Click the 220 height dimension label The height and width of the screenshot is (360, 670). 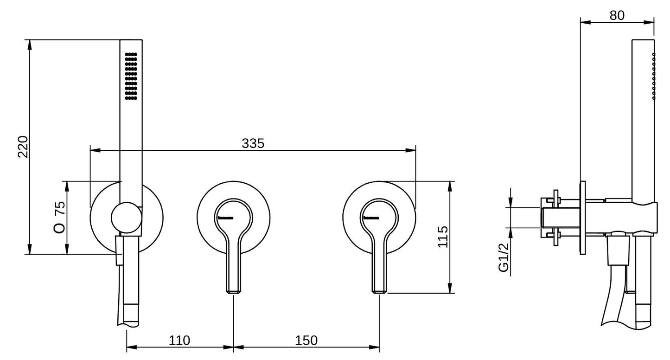(23, 147)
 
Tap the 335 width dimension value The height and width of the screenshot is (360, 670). (253, 143)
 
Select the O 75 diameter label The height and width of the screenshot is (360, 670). (59, 217)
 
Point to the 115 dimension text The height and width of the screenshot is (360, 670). (443, 237)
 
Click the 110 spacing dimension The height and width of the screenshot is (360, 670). (179, 341)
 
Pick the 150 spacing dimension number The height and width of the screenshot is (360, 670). (306, 341)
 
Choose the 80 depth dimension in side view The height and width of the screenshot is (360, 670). (617, 15)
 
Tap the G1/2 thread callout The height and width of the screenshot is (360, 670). (504, 257)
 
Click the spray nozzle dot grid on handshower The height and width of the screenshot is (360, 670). (131, 76)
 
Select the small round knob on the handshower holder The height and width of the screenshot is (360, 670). (126, 218)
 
